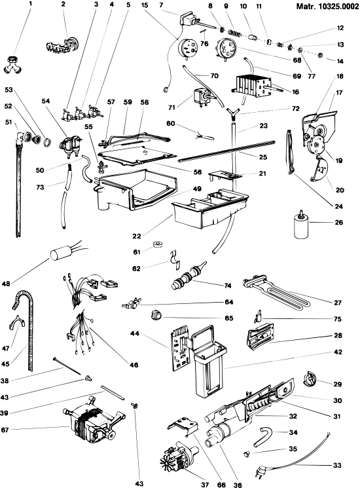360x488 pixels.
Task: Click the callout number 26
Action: click(339, 222)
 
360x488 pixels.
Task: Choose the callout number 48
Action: click(6, 283)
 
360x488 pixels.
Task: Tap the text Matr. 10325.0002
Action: click(327, 7)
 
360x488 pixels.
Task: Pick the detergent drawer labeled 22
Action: click(210, 207)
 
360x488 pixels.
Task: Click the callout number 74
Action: click(228, 286)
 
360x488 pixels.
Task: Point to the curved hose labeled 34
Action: click(262, 435)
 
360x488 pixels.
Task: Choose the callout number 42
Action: click(338, 352)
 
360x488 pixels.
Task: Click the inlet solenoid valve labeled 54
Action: click(69, 145)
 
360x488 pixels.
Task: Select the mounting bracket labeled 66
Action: click(184, 424)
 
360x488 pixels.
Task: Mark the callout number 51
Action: click(9, 122)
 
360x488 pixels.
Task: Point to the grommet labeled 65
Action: click(156, 315)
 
